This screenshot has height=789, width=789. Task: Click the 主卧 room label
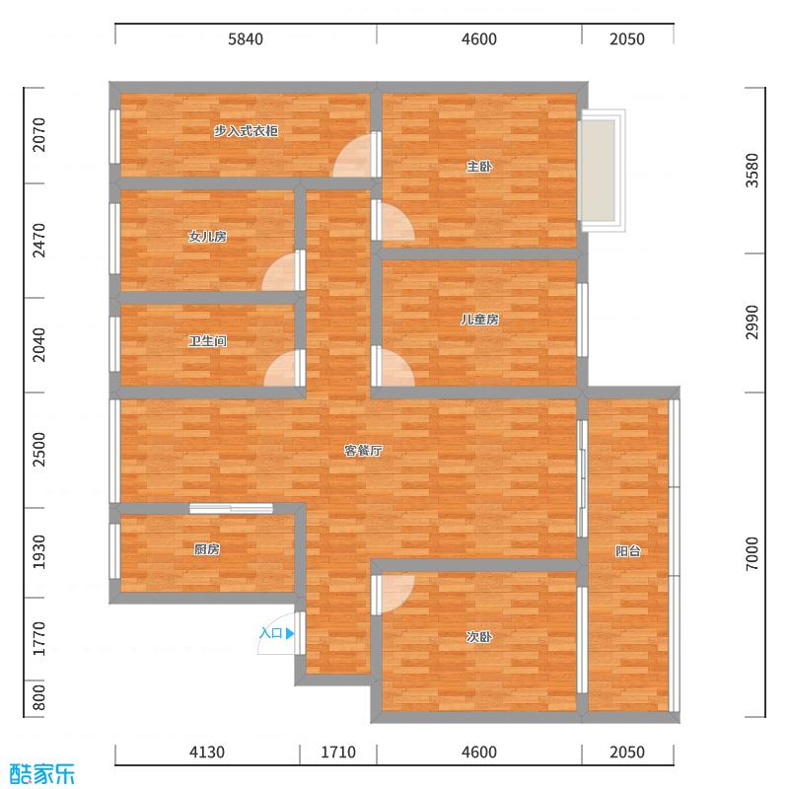pyautogui.click(x=479, y=167)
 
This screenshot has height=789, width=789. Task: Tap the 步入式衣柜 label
pyautogui.click(x=246, y=131)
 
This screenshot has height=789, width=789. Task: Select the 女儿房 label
pyautogui.click(x=208, y=237)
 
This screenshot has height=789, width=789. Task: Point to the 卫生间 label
pyautogui.click(x=208, y=341)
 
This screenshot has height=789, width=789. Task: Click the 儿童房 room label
pyautogui.click(x=479, y=320)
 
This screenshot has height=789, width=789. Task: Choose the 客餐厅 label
pyautogui.click(x=363, y=451)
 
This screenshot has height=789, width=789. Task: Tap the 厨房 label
pyautogui.click(x=207, y=549)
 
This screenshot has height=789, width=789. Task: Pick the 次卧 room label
pyautogui.click(x=479, y=637)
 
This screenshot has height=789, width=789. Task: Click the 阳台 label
pyautogui.click(x=628, y=551)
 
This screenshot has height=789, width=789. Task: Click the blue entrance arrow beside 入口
pyautogui.click(x=289, y=634)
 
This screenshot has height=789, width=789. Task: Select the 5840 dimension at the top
pyautogui.click(x=246, y=39)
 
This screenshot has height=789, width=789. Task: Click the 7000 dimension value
pyautogui.click(x=754, y=552)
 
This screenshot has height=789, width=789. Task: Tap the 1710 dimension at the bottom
pyautogui.click(x=337, y=753)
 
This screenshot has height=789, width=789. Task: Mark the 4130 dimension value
pyautogui.click(x=207, y=753)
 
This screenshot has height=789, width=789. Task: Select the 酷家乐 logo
pyautogui.click(x=41, y=773)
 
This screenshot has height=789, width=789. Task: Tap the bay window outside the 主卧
pyautogui.click(x=602, y=170)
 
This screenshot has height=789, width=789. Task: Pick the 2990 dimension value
pyautogui.click(x=754, y=323)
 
